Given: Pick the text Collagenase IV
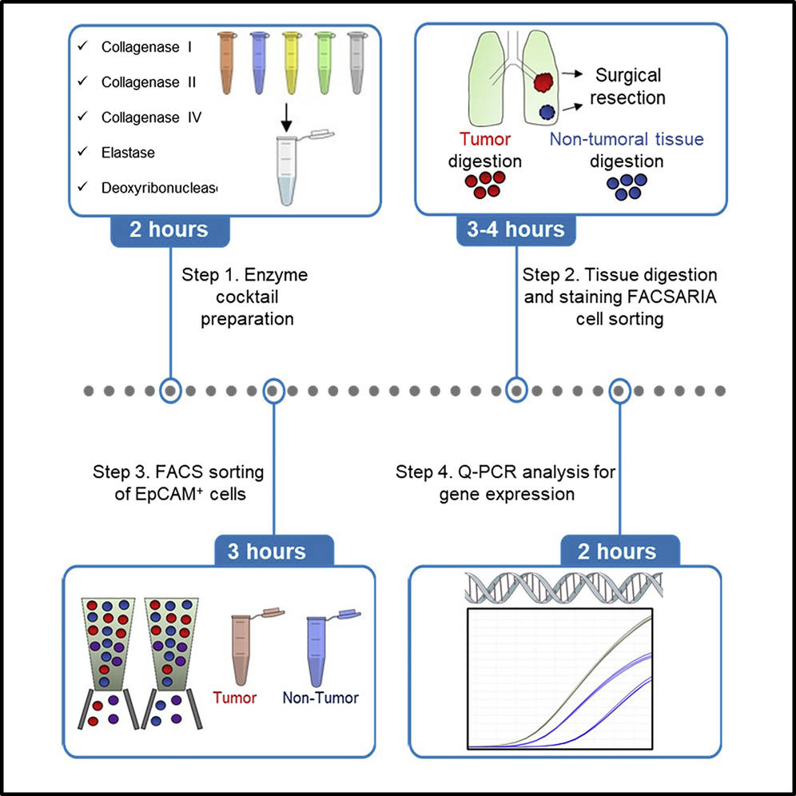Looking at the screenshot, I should (x=151, y=117).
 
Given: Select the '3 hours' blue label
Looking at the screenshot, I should (x=273, y=551).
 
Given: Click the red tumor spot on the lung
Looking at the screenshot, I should (x=544, y=83).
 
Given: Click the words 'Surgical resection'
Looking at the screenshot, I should (x=630, y=87).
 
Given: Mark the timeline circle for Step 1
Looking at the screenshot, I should (x=169, y=391).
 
